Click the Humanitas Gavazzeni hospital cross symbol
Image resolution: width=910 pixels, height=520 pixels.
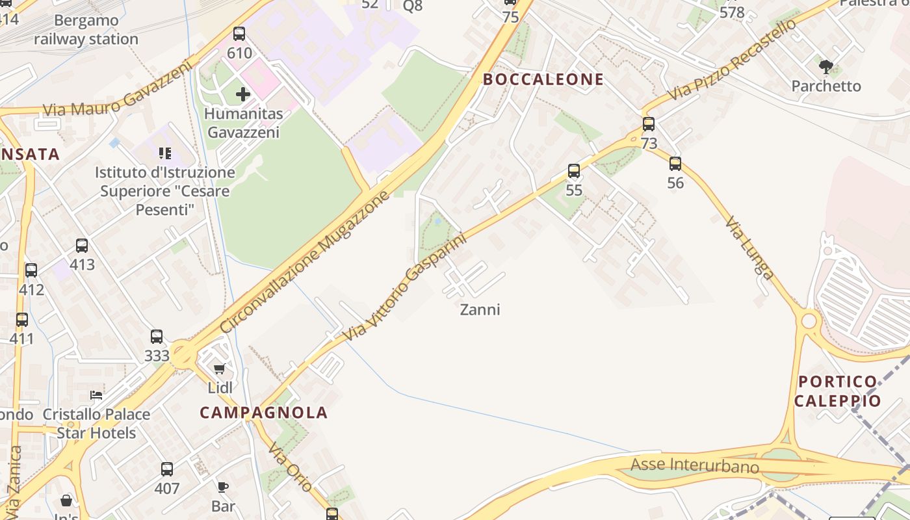[242, 94]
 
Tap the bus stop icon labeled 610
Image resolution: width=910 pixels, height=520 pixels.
[239, 34]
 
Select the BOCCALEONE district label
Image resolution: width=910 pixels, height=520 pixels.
[543, 79]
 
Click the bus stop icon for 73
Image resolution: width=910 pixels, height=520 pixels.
[649, 124]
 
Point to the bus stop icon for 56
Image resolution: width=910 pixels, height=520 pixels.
[675, 164]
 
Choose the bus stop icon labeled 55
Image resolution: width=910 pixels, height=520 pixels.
[574, 171]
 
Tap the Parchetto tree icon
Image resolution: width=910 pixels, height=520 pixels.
[826, 66]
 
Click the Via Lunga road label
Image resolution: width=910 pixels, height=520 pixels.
[749, 248]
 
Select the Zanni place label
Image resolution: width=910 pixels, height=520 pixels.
[480, 309]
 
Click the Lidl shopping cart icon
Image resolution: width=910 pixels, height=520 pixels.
[220, 369]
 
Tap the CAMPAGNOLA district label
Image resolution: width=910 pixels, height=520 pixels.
[264, 412]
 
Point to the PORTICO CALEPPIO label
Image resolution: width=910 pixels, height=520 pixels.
[837, 391]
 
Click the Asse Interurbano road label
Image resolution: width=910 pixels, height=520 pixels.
[695, 465]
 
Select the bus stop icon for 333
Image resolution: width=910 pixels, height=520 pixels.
[157, 337]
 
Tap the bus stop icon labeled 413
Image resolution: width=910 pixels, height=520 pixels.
[82, 246]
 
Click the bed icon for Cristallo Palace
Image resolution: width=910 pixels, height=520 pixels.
[96, 395]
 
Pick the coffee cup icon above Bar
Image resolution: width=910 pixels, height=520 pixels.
[223, 487]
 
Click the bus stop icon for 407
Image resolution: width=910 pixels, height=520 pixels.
[167, 469]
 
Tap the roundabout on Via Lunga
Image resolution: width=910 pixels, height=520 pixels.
[809, 320]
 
